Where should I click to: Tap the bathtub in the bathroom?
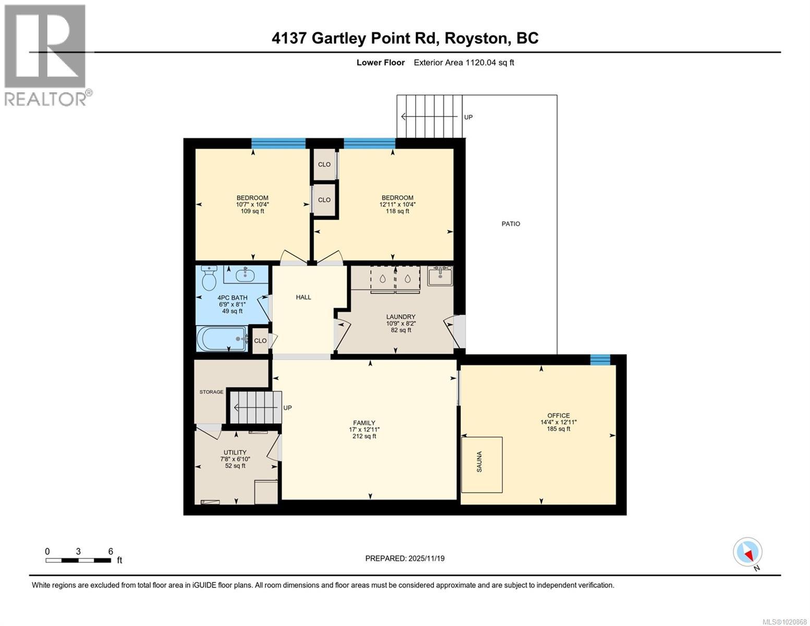pos(222,339)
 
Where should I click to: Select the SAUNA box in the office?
pos(482,464)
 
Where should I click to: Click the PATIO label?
pos(511,224)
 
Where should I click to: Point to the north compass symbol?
pos(747,552)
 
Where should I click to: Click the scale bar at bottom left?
pos(78,560)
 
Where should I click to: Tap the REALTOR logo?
pos(46,55)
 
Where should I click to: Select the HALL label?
pos(304,297)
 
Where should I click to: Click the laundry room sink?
pos(440,276)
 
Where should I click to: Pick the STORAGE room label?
pos(211,392)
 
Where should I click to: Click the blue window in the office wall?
pos(600,359)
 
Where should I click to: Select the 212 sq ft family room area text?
pos(364,437)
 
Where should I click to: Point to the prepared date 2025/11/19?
pos(405,558)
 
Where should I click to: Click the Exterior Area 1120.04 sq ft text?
pos(464,63)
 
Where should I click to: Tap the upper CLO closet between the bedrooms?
pos(324,164)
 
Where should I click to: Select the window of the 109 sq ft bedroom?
pos(278,143)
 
